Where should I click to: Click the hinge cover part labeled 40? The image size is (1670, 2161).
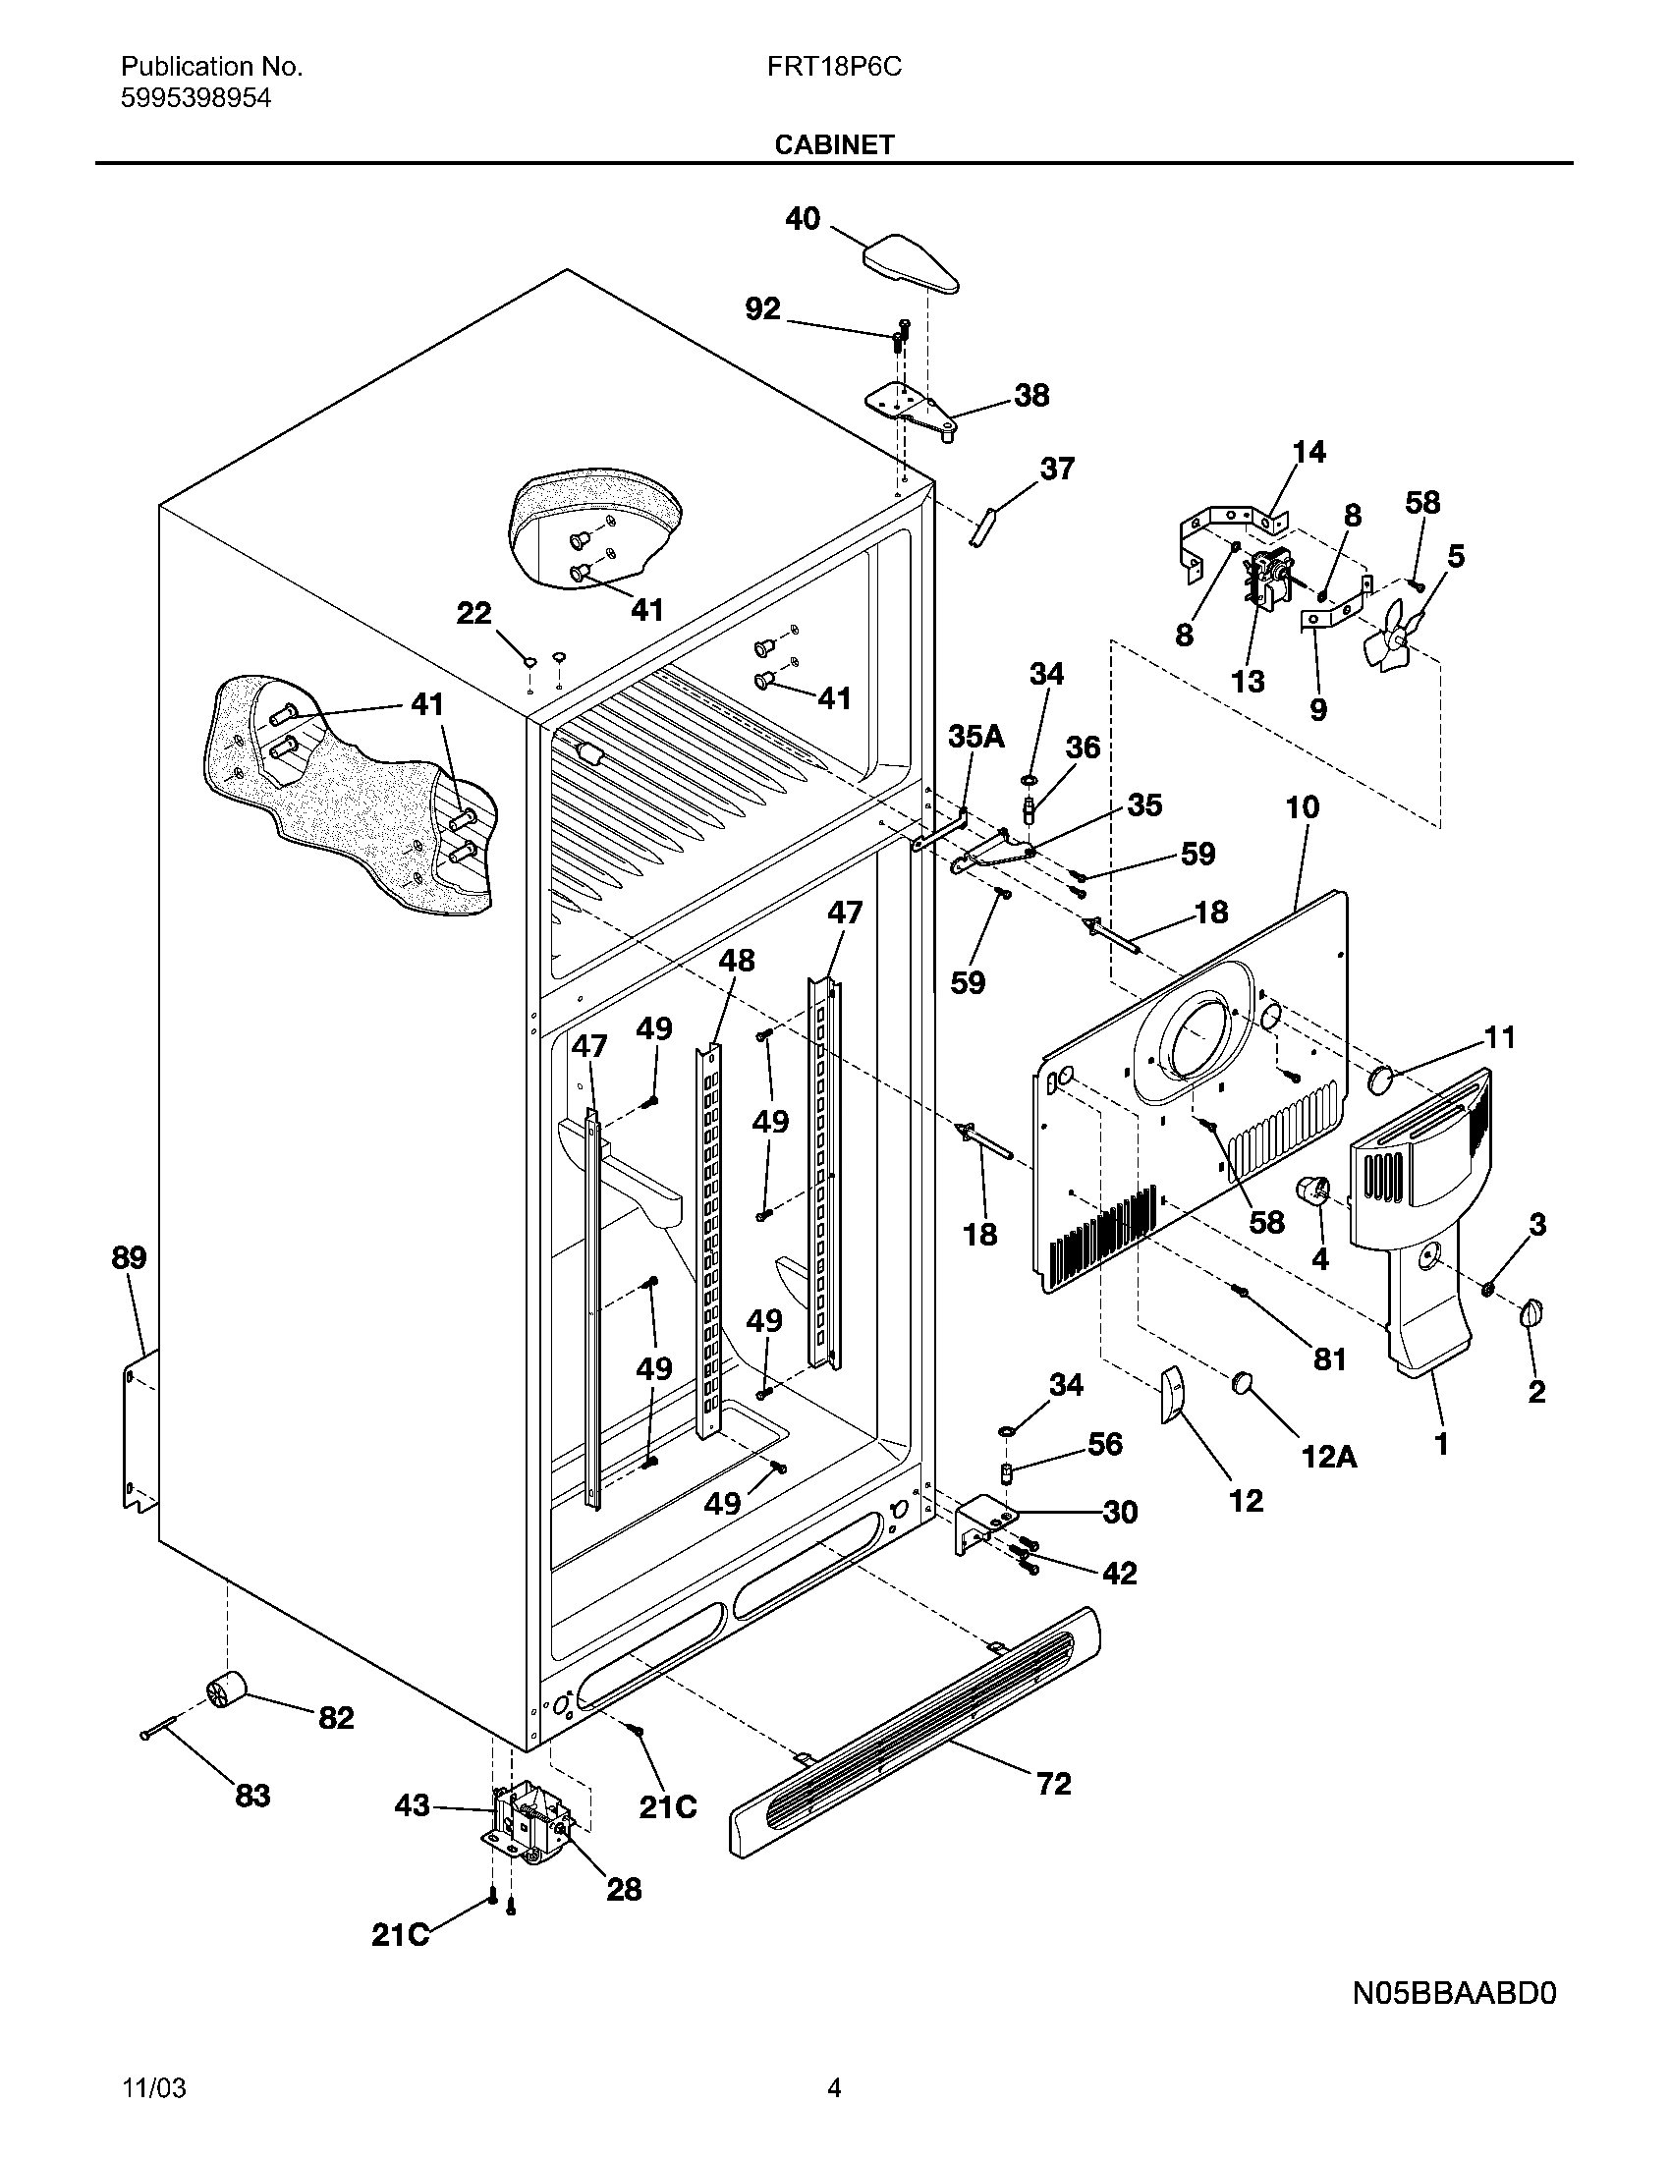[912, 262]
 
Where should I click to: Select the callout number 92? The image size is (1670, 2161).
[762, 309]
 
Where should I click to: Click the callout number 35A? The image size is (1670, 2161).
[975, 736]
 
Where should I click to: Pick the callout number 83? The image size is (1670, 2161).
[252, 1796]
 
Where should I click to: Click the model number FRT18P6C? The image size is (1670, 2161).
[834, 67]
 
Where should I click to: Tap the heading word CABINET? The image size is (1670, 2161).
[834, 144]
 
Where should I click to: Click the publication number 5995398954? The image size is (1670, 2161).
[195, 98]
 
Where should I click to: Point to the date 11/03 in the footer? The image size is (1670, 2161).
[153, 2088]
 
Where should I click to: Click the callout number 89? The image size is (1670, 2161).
[129, 1257]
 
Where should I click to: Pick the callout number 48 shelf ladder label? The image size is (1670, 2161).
[736, 961]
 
